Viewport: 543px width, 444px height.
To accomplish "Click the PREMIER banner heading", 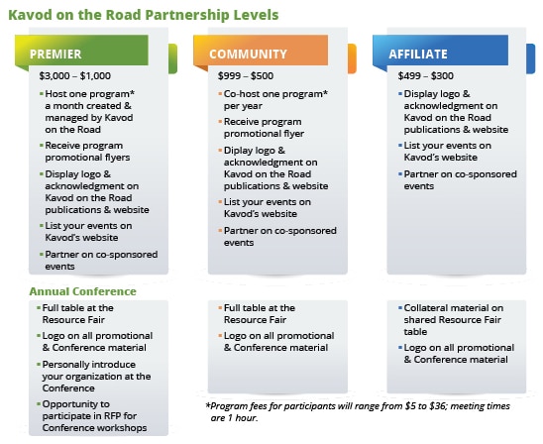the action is (55, 55).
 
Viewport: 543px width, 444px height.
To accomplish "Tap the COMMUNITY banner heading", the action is (248, 55).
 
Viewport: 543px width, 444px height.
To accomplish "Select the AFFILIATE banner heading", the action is (418, 55).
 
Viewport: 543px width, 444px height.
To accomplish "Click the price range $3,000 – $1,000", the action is (74, 76).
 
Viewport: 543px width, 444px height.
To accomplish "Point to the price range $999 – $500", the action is (246, 76).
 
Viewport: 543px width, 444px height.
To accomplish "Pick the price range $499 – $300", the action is (426, 76).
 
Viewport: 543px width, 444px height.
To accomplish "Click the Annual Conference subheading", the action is (83, 291).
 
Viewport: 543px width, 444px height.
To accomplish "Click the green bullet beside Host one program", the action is (42, 93).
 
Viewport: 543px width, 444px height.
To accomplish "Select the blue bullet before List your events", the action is (400, 145).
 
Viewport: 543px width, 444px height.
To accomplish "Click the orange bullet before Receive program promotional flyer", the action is (220, 121).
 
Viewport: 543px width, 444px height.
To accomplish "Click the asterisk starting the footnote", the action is (208, 405).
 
